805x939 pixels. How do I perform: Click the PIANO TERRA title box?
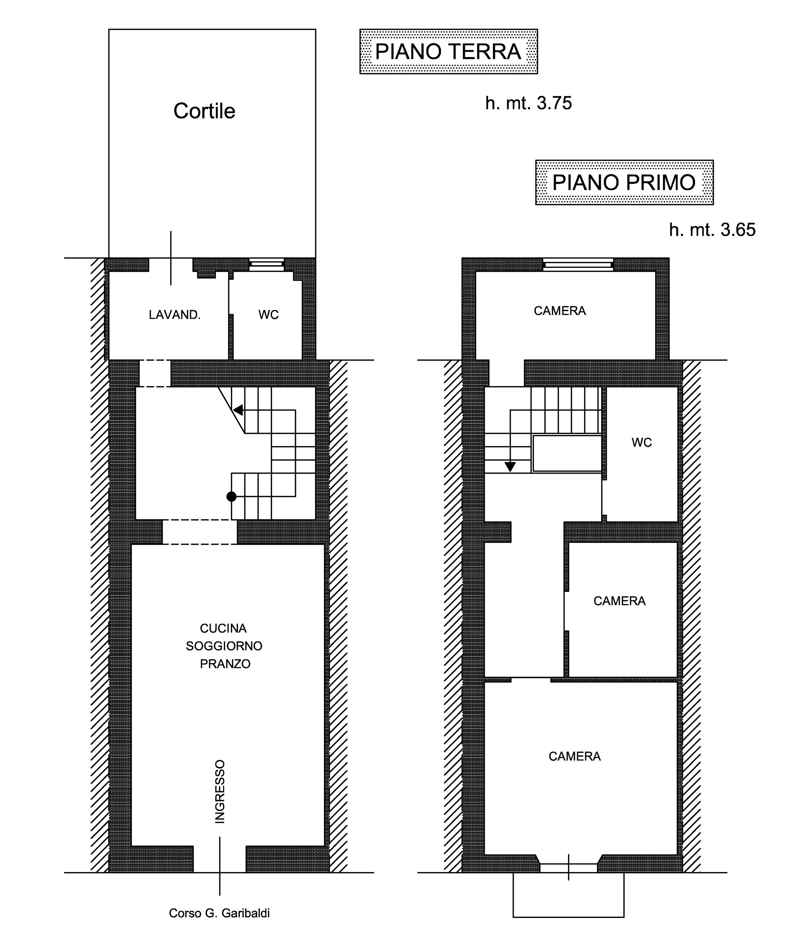click(x=448, y=51)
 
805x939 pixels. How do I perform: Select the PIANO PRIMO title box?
click(x=624, y=182)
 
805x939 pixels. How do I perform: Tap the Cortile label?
click(x=205, y=111)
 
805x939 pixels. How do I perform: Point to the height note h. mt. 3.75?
click(x=528, y=103)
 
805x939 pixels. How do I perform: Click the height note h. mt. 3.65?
click(x=712, y=230)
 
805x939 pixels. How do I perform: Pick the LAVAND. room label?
click(x=175, y=315)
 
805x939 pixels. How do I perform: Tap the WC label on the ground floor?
click(x=268, y=315)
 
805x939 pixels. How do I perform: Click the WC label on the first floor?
click(x=642, y=442)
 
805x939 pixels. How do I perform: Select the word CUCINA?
click(x=223, y=628)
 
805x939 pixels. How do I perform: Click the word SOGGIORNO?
click(x=224, y=646)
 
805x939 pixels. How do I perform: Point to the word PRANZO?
click(x=225, y=664)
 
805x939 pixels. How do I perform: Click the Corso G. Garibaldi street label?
click(x=219, y=913)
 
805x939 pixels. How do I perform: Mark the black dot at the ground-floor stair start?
click(x=231, y=497)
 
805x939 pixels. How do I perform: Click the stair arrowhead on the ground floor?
click(x=238, y=410)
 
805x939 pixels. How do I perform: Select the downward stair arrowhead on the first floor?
click(x=510, y=466)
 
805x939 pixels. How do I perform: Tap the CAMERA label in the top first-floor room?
click(x=559, y=311)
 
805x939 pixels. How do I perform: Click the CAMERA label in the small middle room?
click(x=620, y=601)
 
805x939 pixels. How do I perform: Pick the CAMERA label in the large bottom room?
click(x=574, y=756)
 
